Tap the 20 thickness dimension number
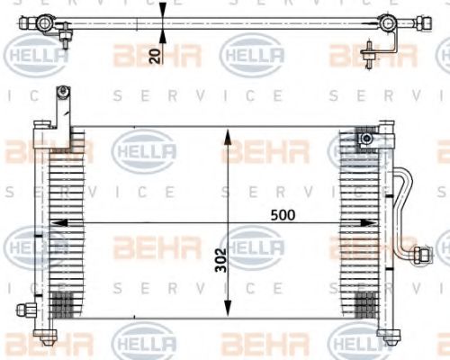click(x=155, y=56)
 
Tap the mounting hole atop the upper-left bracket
click(x=62, y=90)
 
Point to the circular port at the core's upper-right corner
click(x=367, y=139)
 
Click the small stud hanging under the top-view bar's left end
click(x=66, y=39)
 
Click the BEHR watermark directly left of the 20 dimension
click(x=144, y=56)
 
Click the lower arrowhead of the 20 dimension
click(x=162, y=35)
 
